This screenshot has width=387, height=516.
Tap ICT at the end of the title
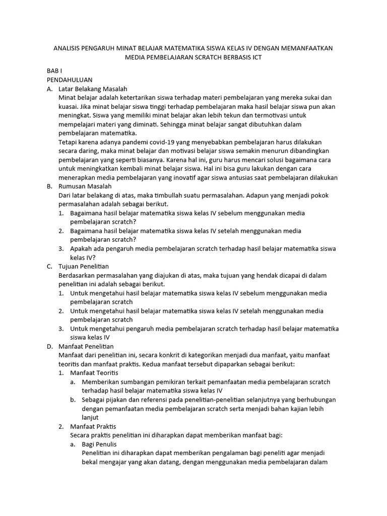(256, 58)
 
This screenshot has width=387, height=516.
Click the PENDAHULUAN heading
(69, 80)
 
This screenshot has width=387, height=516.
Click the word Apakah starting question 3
(82, 248)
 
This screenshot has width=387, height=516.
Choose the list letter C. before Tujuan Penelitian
(49, 266)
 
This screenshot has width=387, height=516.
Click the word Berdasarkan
(80, 275)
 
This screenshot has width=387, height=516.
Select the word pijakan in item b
(116, 400)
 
